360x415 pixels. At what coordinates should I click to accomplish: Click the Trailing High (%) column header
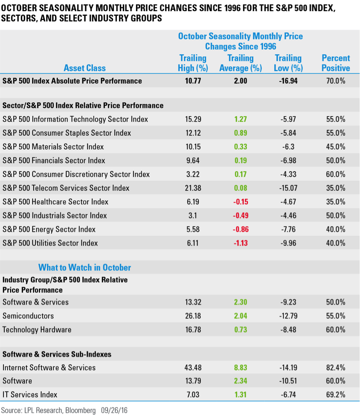pyautogui.click(x=192, y=63)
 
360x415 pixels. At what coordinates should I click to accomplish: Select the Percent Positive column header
pyautogui.click(x=336, y=63)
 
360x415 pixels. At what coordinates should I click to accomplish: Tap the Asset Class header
pyautogui.click(x=84, y=68)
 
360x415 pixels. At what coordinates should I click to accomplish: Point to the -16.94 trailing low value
pyautogui.click(x=288, y=81)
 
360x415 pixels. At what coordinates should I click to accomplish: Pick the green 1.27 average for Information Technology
pyautogui.click(x=240, y=119)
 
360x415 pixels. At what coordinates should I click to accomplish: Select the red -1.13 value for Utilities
pyautogui.click(x=240, y=243)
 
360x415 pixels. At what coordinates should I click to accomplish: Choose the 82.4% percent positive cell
pyautogui.click(x=335, y=367)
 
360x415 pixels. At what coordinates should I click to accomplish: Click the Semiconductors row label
pyautogui.click(x=28, y=316)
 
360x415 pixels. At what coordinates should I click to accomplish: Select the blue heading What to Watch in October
pyautogui.click(x=84, y=268)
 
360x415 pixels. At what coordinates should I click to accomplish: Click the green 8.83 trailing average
pyautogui.click(x=240, y=367)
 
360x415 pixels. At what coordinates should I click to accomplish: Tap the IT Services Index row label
pyautogui.click(x=30, y=395)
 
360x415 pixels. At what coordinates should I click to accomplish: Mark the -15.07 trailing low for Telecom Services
pyautogui.click(x=288, y=188)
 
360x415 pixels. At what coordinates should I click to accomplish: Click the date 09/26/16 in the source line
pyautogui.click(x=114, y=410)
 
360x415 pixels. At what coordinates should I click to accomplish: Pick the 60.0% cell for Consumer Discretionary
pyautogui.click(x=335, y=174)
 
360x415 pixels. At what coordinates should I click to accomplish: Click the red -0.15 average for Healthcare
pyautogui.click(x=240, y=202)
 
